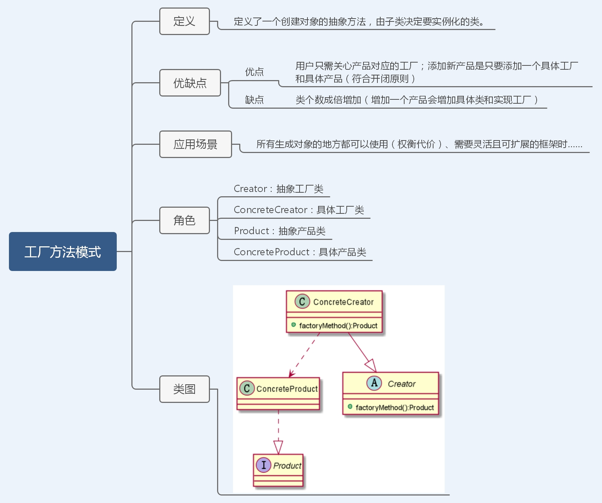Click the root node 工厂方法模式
[x=63, y=252]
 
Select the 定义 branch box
[x=184, y=21]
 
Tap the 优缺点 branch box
[x=190, y=83]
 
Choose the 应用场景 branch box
[x=195, y=144]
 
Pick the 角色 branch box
[x=184, y=221]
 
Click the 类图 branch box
[x=184, y=389]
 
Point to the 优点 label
[x=254, y=72]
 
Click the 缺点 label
[x=254, y=100]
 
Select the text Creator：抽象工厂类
[x=279, y=189]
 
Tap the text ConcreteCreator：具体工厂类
[x=299, y=210]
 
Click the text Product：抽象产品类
[x=280, y=231]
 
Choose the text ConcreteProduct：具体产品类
[x=300, y=252]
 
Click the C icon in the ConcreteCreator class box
[x=302, y=301]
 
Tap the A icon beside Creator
[x=374, y=383]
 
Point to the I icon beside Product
[x=264, y=465]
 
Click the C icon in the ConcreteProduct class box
[x=247, y=388]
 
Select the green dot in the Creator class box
[x=350, y=407]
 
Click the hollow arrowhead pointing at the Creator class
[x=371, y=366]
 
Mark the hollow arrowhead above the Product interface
[x=278, y=447]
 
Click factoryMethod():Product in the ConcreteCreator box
[x=338, y=326]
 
